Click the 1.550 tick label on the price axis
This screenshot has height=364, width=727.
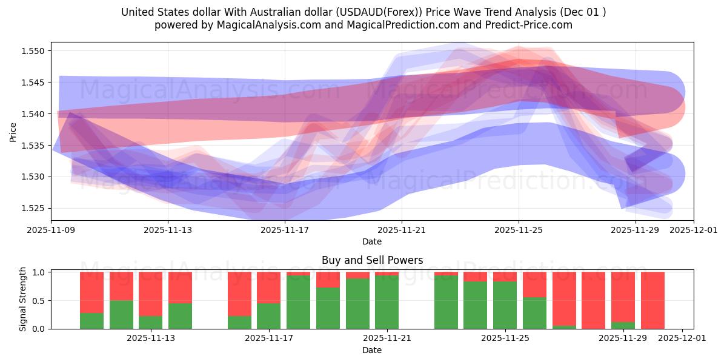(x=34, y=51)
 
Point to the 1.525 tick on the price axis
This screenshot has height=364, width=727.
(x=34, y=208)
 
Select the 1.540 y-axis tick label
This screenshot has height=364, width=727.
(x=34, y=114)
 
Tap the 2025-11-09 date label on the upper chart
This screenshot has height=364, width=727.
(x=51, y=231)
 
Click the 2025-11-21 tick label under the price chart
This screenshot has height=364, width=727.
(x=401, y=231)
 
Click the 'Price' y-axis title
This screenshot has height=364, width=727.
(x=13, y=131)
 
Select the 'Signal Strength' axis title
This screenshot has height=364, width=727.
(x=23, y=299)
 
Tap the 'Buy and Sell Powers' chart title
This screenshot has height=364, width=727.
(x=372, y=260)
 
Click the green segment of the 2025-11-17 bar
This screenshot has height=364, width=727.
(x=268, y=315)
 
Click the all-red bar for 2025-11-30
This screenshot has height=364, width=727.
(x=652, y=300)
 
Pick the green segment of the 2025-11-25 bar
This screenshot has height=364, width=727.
(x=505, y=305)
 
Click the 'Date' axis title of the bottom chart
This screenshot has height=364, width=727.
(x=372, y=350)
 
